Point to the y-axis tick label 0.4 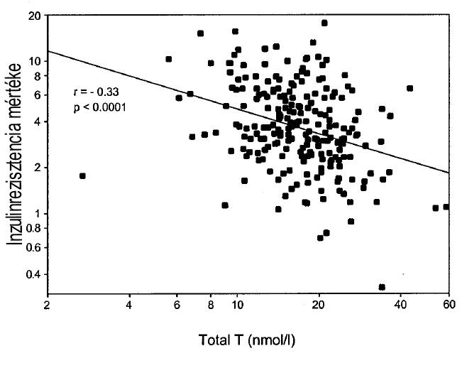[31, 274]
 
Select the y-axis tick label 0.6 [31, 247]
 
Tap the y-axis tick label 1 [37, 214]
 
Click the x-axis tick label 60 [449, 307]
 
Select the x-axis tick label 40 [401, 307]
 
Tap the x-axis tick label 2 [47, 307]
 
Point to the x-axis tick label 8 [211, 307]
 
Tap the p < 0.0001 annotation [101, 107]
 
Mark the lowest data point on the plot [382, 287]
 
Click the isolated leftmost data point [82, 175]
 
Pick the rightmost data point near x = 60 [446, 207]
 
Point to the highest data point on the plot [324, 23]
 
